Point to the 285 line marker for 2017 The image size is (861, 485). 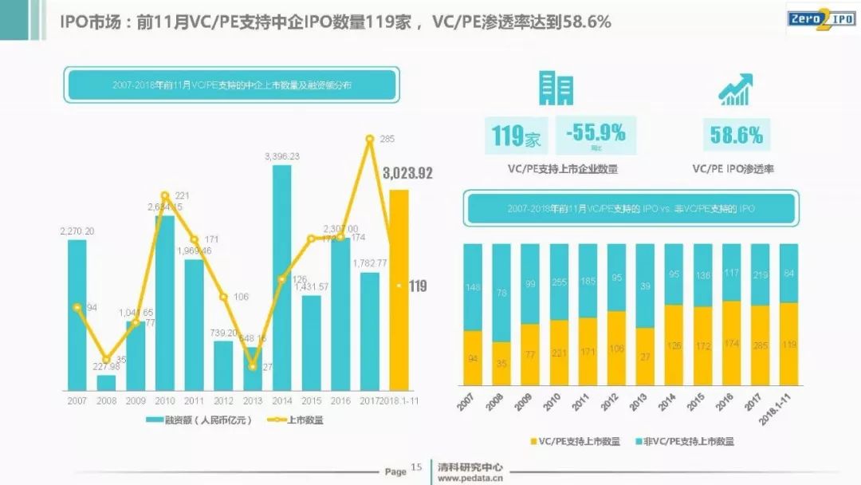coord(370,139)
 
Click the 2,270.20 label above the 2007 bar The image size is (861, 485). coord(77,231)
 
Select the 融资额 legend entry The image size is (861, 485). coord(199,420)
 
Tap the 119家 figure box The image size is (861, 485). coord(516,136)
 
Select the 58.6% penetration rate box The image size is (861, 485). coord(736,135)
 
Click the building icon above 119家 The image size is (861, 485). coord(557,87)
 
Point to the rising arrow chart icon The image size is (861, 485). coord(736,89)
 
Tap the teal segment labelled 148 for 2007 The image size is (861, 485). coord(473,287)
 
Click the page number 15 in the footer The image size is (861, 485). coord(415,468)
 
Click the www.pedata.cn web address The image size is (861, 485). coord(469,479)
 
